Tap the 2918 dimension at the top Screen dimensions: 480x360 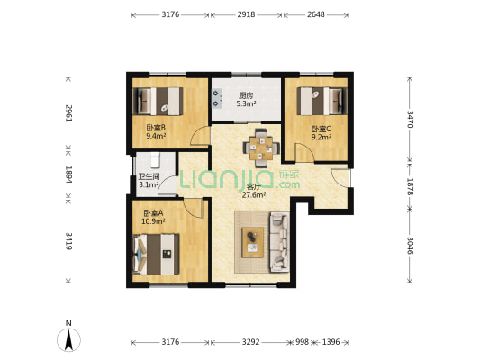click(246, 14)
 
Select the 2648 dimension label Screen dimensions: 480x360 click(316, 14)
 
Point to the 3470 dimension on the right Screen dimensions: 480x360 click(410, 120)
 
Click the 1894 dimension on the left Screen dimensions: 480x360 click(68, 175)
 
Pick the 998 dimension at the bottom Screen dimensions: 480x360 click(303, 342)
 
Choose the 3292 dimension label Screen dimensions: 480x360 click(250, 342)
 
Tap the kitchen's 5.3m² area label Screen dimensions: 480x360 click(246, 104)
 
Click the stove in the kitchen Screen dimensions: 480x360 click(217, 98)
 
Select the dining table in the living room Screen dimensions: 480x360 click(261, 148)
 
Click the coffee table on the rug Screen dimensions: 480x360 click(252, 242)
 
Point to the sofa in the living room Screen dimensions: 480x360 click(279, 242)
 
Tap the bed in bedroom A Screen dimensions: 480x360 click(156, 255)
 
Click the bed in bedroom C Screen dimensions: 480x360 click(322, 101)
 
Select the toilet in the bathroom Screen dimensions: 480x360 click(155, 160)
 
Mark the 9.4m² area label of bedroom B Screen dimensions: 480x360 click(156, 136)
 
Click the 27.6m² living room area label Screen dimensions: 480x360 click(254, 195)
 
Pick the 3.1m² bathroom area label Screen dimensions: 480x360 click(149, 184)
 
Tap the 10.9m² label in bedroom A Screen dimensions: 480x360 click(153, 221)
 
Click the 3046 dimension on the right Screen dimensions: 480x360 click(410, 246)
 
